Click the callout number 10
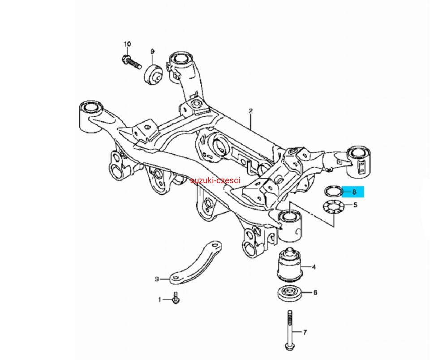(x=127, y=44)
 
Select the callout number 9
(x=152, y=51)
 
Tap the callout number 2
(x=251, y=111)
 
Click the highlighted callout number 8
(x=354, y=192)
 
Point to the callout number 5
(x=355, y=205)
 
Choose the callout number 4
(x=314, y=267)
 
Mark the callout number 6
(x=315, y=293)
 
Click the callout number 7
(x=305, y=332)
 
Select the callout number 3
(x=157, y=279)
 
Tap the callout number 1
(x=159, y=299)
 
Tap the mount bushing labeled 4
(x=290, y=264)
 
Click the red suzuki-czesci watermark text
(x=215, y=180)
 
